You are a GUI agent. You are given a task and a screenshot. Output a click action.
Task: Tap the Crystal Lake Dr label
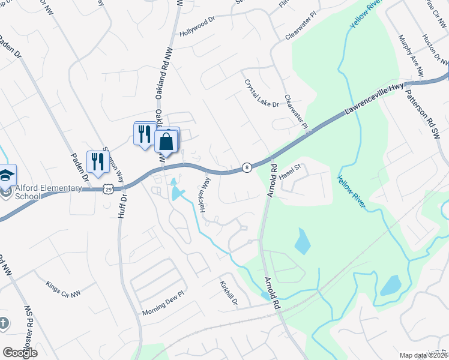[x=261, y=94]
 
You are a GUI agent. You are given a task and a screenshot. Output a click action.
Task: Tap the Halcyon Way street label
[x=204, y=194]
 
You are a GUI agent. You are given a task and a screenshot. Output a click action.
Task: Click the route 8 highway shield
[x=246, y=167]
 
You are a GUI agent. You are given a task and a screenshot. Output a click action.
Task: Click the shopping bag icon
[x=166, y=142]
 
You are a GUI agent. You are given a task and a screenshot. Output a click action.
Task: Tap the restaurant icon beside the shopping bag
[x=144, y=134]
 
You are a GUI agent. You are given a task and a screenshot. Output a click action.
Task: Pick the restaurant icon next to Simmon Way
[x=97, y=161]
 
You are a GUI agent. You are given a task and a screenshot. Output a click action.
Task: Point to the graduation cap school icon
[x=6, y=175]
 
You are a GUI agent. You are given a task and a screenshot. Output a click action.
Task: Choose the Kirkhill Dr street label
[x=229, y=292]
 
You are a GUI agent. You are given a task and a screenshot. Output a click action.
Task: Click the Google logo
[x=20, y=353]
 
